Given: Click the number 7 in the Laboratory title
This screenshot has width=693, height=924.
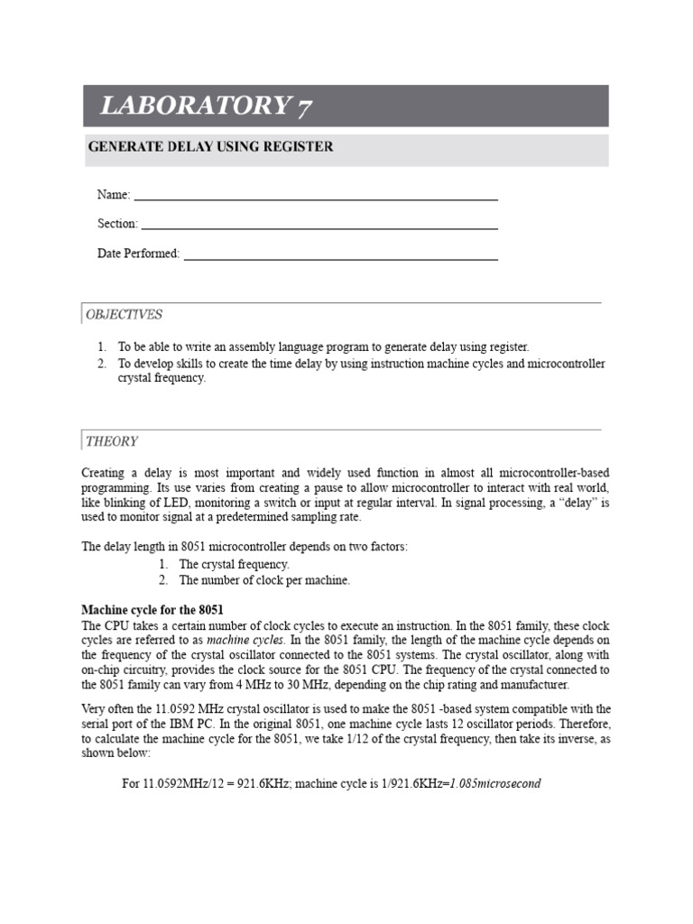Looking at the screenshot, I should coord(303,107).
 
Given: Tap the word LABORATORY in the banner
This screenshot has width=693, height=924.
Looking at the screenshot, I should coord(192,106).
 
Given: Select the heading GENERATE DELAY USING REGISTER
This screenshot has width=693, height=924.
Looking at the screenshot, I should coord(209,147).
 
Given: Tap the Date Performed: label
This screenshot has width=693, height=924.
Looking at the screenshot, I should coord(138,254).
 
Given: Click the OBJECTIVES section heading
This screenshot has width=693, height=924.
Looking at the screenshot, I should coord(125,315).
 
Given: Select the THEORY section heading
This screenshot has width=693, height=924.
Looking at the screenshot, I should coord(112,441).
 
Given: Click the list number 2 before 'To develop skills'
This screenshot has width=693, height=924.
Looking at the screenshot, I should coord(102,364).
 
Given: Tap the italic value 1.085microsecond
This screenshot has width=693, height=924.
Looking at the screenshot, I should coord(495,783).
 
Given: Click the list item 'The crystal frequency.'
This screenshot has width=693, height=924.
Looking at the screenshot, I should coord(234,564).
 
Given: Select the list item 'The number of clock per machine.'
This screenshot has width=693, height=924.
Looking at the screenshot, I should coord(264,580).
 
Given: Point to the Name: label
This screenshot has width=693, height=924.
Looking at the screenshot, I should coord(114,195).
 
